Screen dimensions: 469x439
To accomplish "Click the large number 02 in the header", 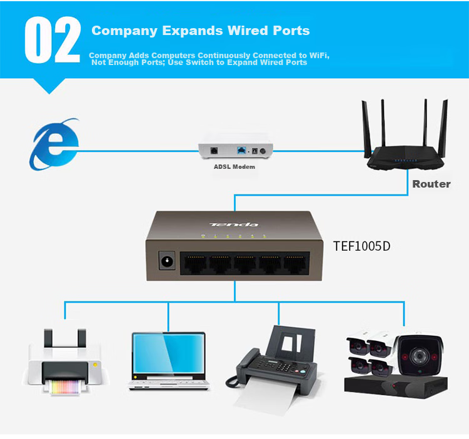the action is pyautogui.click(x=53, y=40).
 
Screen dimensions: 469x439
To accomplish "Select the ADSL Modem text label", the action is pyautogui.click(x=234, y=167).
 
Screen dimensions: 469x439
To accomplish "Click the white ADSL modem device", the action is pyautogui.click(x=236, y=151).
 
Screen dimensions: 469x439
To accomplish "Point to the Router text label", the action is pyautogui.click(x=431, y=184).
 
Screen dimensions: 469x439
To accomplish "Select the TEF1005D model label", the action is pyautogui.click(x=361, y=246).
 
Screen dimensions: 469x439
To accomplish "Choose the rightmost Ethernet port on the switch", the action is pyautogui.click(x=295, y=265).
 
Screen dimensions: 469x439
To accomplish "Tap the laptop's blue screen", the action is pyautogui.click(x=168, y=355).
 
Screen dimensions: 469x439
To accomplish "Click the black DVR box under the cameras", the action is pyautogui.click(x=394, y=385).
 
